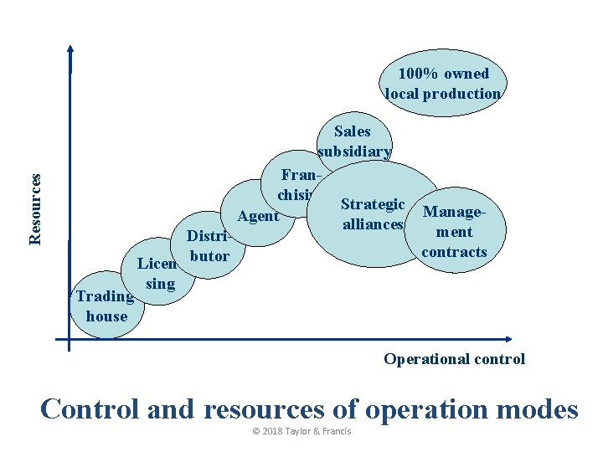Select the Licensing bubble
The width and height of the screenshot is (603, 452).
click(x=160, y=274)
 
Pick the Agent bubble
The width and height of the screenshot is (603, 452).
click(x=258, y=216)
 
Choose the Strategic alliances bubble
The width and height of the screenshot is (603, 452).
click(x=374, y=214)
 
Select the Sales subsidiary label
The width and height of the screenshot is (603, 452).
click(x=353, y=141)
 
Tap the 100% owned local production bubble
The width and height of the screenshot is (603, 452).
click(x=443, y=84)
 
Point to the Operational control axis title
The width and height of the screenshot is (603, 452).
click(x=455, y=359)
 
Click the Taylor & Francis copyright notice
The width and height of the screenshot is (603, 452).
click(x=301, y=432)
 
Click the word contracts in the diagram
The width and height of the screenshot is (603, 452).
click(x=455, y=252)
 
